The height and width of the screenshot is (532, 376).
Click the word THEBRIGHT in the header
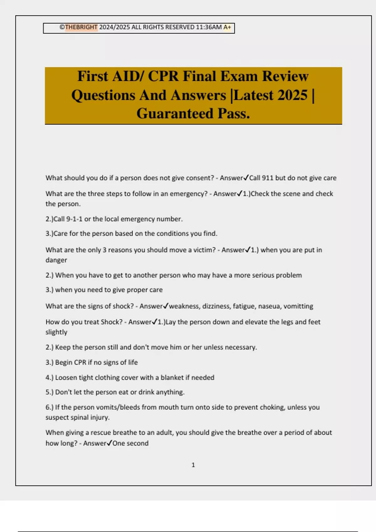pos(81,27)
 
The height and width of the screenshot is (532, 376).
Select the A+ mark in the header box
pos(227,27)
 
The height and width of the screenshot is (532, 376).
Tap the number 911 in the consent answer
pos(268,178)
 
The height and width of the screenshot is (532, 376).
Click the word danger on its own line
pos(56,260)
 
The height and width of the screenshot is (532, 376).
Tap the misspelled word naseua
pos(269,306)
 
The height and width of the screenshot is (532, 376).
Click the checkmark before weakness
pos(166,306)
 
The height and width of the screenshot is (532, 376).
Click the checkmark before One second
pos(109,443)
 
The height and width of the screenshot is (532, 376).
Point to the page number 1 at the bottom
pos(193,465)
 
